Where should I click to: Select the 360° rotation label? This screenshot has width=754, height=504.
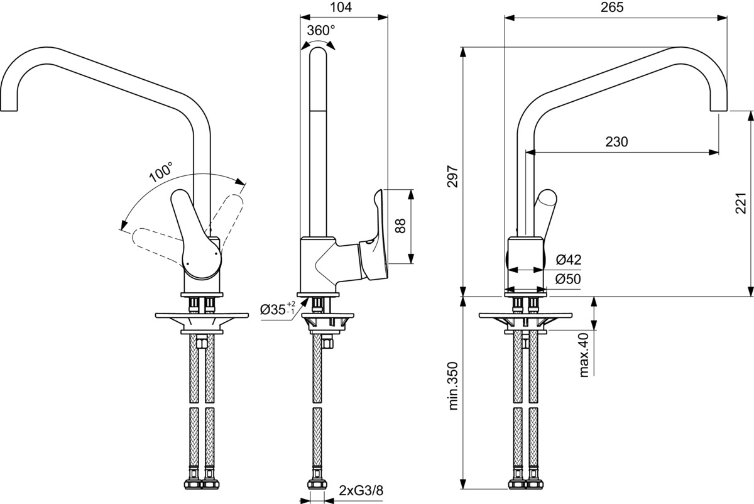click(x=321, y=30)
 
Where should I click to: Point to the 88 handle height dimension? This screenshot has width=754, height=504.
click(x=400, y=226)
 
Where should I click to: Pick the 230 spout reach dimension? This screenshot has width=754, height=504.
click(x=616, y=142)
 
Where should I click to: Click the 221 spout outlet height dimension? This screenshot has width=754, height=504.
click(x=742, y=203)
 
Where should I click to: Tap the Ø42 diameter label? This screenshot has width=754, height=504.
click(x=569, y=260)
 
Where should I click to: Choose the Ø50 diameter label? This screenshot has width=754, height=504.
click(x=569, y=279)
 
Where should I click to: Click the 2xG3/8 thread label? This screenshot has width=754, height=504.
click(x=361, y=490)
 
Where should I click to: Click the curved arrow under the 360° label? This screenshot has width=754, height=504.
click(x=318, y=42)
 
